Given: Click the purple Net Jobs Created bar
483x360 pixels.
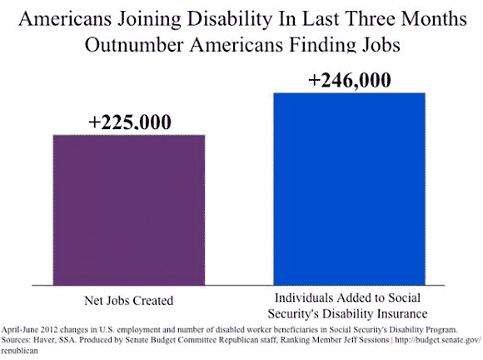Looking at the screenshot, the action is [129, 210].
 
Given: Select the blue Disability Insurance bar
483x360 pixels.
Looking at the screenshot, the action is [350, 189].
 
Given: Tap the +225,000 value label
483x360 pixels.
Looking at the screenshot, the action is [130, 122].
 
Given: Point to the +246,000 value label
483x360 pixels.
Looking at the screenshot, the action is [350, 80].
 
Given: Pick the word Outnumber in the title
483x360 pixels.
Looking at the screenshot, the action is [134, 45].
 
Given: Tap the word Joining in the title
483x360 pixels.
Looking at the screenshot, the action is [149, 19].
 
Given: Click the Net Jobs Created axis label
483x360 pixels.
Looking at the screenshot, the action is [129, 301].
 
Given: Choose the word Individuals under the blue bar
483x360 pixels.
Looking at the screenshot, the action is [301, 297].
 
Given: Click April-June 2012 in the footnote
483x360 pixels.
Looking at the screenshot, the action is [30, 330].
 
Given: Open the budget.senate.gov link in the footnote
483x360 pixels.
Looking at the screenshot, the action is [437, 341].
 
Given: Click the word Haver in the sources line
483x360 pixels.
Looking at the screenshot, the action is [43, 340].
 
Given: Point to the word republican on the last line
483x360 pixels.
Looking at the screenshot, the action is [19, 351].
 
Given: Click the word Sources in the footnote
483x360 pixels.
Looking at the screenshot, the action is [16, 340].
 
